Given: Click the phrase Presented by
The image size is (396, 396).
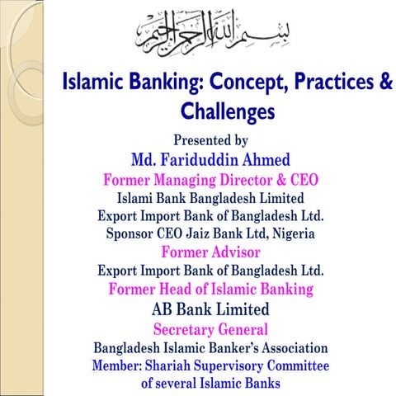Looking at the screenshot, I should click(x=211, y=140).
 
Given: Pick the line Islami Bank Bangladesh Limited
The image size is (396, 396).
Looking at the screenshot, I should click(x=211, y=198).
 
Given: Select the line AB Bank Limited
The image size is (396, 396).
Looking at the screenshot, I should click(x=211, y=309).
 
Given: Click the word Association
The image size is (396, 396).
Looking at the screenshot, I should click(x=287, y=347).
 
